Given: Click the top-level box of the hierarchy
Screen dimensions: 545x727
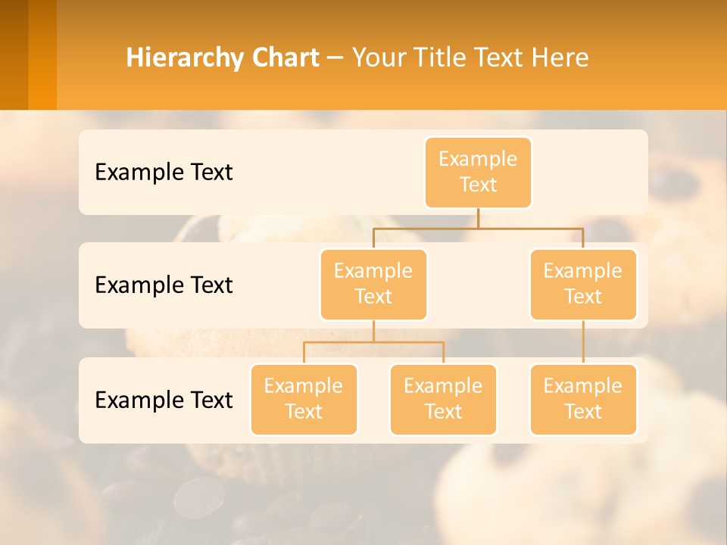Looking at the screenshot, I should click(478, 172).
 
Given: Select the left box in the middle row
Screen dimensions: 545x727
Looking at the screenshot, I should click(373, 284).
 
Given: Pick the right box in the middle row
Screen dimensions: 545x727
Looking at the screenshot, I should click(583, 284).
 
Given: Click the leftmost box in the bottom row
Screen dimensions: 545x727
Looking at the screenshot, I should click(304, 399).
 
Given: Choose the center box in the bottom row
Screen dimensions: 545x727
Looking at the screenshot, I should click(443, 399).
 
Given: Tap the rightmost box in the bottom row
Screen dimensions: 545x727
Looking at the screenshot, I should click(583, 399).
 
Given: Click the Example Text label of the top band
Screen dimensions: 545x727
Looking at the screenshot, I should click(164, 172).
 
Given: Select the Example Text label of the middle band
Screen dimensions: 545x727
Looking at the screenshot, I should click(164, 285).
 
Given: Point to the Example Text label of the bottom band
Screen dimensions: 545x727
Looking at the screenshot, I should click(164, 400).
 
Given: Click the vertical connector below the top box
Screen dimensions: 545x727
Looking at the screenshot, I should click(478, 218).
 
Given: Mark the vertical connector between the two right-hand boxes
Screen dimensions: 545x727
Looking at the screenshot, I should click(583, 342).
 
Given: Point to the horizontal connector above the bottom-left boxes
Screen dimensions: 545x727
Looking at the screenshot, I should click(373, 342).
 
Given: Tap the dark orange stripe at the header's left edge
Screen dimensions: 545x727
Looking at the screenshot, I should click(14, 54).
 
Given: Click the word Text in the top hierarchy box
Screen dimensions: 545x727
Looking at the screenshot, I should click(478, 185).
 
